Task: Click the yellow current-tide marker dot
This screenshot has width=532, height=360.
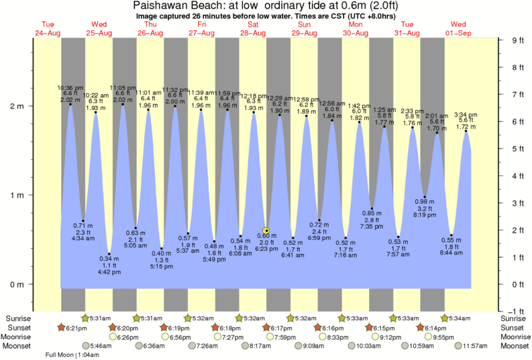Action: pos(266,230)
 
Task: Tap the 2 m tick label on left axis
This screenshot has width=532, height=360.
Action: pos(16,106)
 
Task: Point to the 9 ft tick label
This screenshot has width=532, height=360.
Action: pos(516,40)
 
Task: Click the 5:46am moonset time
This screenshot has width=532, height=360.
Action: pos(98,346)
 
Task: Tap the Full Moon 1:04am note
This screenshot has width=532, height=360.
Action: pos(67,355)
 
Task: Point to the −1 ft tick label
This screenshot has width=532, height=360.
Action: pos(515,311)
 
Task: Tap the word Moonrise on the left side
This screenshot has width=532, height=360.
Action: pos(18,337)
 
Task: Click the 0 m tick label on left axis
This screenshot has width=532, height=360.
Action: pos(16,284)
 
